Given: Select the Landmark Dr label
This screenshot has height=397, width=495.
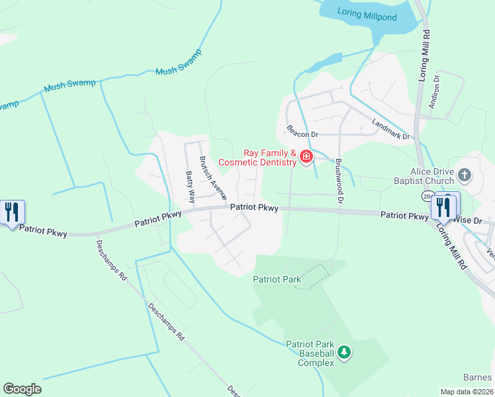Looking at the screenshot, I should [x=391, y=129].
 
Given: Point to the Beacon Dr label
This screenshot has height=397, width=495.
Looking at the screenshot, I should [x=302, y=131].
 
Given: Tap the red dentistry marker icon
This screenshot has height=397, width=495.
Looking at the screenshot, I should [x=306, y=157].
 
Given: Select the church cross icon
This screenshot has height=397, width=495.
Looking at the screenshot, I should [x=465, y=175].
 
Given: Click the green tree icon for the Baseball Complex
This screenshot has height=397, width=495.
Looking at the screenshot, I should [x=343, y=353].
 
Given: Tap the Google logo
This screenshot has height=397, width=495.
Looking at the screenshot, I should [x=22, y=389].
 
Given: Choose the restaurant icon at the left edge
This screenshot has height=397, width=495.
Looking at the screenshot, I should [x=12, y=212].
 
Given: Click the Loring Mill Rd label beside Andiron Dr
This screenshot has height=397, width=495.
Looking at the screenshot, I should [x=424, y=56].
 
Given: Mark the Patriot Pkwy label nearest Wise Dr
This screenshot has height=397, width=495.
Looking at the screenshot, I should [x=405, y=216].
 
